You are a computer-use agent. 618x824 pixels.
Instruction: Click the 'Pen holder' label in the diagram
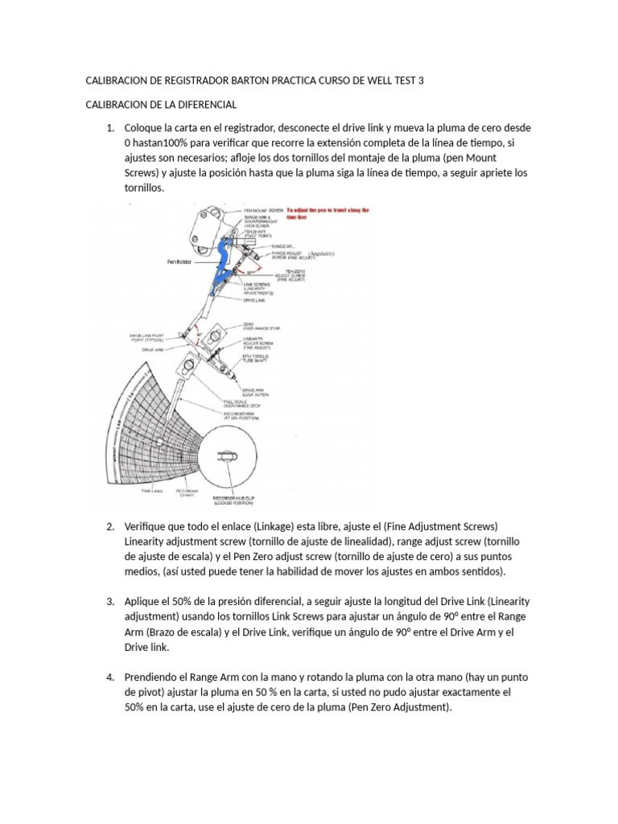[181, 262]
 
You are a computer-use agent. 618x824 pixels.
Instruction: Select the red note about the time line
[326, 213]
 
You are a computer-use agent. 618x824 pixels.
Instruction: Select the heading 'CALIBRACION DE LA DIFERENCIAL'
[160, 105]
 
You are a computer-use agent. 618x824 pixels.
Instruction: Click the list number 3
[111, 601]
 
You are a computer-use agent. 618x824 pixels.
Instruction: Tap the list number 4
[111, 677]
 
